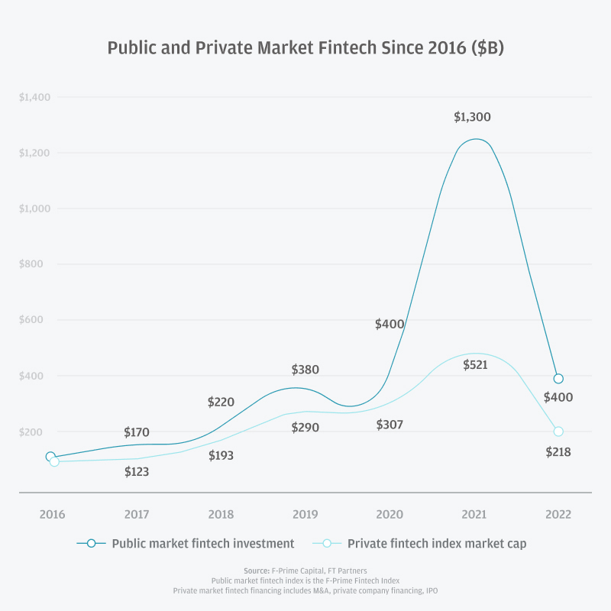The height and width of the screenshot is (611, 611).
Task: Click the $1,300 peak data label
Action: [472, 118]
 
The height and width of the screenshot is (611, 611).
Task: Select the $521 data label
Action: [475, 365]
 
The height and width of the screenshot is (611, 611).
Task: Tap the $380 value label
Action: [305, 370]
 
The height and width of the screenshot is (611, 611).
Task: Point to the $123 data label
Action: [137, 472]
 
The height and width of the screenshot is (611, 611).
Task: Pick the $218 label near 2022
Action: [558, 452]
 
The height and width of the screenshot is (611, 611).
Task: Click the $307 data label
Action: [390, 425]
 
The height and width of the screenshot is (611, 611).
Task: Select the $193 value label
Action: [221, 456]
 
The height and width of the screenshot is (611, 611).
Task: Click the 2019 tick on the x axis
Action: [305, 514]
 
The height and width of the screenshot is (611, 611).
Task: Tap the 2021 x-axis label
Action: [474, 514]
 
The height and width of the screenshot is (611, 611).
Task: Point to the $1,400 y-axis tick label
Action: [34, 97]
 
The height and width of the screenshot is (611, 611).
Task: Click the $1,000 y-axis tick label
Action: [34, 209]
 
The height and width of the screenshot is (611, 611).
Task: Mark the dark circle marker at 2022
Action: [558, 379]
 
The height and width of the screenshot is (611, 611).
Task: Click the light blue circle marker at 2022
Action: [558, 432]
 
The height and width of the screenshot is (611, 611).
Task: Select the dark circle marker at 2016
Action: [50, 457]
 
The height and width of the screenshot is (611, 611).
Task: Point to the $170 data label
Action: [137, 433]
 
